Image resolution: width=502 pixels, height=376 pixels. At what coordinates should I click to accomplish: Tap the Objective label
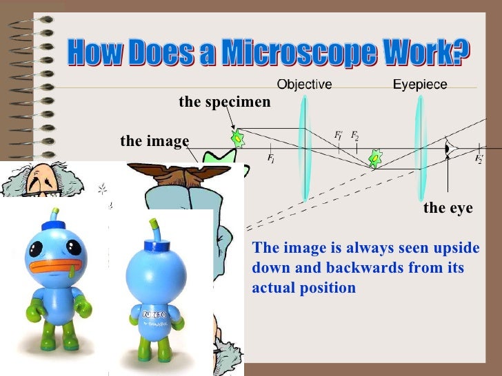[x=304, y=85]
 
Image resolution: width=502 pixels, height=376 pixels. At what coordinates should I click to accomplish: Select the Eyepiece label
[x=420, y=85]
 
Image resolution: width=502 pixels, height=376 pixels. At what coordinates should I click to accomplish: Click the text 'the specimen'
[x=225, y=103]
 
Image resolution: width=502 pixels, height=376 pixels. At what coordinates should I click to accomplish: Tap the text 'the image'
[x=154, y=142]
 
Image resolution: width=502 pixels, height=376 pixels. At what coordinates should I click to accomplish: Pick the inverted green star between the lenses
[x=375, y=159]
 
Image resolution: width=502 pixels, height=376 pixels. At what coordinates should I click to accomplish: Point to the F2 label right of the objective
[x=354, y=135]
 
